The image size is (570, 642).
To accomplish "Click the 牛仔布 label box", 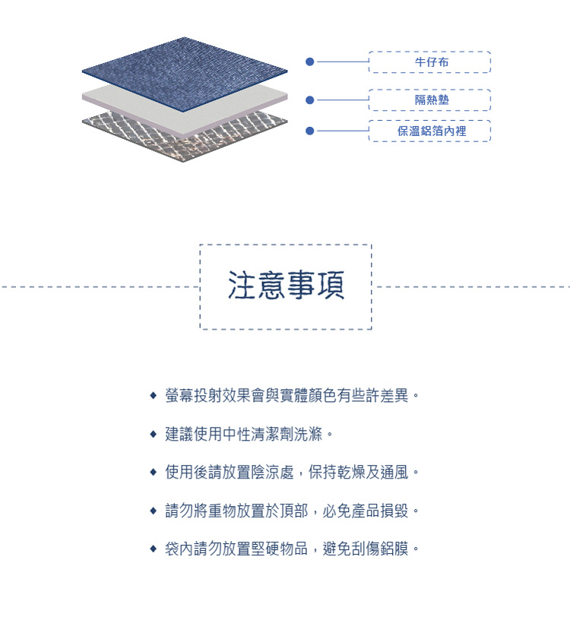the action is [x=429, y=62].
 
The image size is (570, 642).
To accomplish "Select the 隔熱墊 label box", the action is [x=429, y=100].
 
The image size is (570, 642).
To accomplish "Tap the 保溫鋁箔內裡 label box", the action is [x=429, y=131].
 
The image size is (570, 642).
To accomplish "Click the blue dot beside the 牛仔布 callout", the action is [x=310, y=62].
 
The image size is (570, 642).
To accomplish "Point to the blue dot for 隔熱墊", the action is [x=310, y=100].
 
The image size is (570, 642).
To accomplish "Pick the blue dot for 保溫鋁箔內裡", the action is [x=310, y=131].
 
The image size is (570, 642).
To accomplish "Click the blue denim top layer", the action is [x=184, y=74].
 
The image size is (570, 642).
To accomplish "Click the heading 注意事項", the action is [x=286, y=286].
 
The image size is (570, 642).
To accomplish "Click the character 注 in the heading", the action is [x=242, y=286].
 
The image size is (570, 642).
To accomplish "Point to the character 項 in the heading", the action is [x=331, y=286].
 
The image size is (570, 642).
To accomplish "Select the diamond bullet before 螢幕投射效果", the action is [x=154, y=396].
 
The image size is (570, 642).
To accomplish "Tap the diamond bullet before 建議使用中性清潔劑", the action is [x=154, y=434].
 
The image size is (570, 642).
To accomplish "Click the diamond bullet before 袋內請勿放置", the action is [x=154, y=549].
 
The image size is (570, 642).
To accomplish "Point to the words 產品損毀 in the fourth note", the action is [x=380, y=511].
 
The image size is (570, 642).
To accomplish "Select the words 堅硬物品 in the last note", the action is [x=280, y=549].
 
